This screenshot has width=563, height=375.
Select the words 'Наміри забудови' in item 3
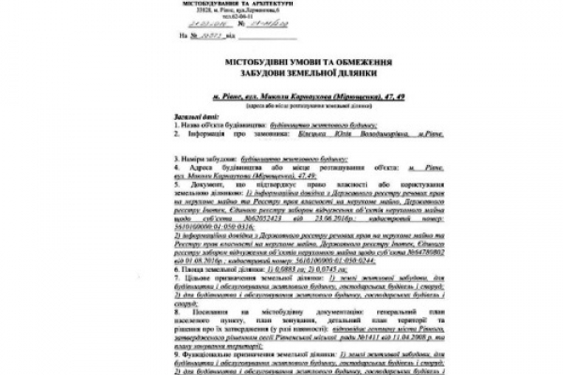(205, 150)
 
